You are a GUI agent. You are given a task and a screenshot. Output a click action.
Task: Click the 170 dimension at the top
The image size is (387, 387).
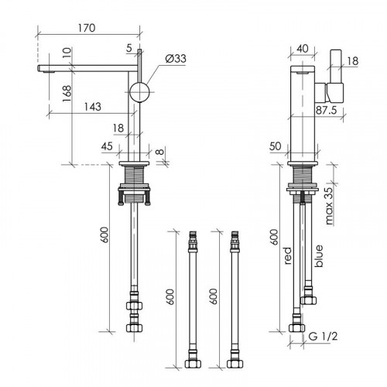tap(87, 28)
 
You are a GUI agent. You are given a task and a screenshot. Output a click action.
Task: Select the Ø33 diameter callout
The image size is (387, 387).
tap(176, 59)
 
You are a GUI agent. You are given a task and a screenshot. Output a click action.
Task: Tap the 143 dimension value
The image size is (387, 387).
tap(93, 107)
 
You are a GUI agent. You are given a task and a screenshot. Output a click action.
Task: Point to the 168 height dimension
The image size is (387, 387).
tap(67, 93)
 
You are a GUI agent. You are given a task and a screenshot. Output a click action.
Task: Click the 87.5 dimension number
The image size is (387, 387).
tap(327, 110)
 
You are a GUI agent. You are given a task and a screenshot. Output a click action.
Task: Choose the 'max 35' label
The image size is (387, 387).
tap(329, 206)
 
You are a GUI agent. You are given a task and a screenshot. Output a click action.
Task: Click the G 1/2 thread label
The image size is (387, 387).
tap(323, 336)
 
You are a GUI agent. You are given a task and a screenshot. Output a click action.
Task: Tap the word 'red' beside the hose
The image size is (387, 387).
tap(288, 255)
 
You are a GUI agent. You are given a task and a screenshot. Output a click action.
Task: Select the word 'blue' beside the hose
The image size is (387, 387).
tap(319, 255)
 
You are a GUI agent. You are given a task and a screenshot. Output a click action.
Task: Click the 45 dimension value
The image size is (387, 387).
tap(107, 146)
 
